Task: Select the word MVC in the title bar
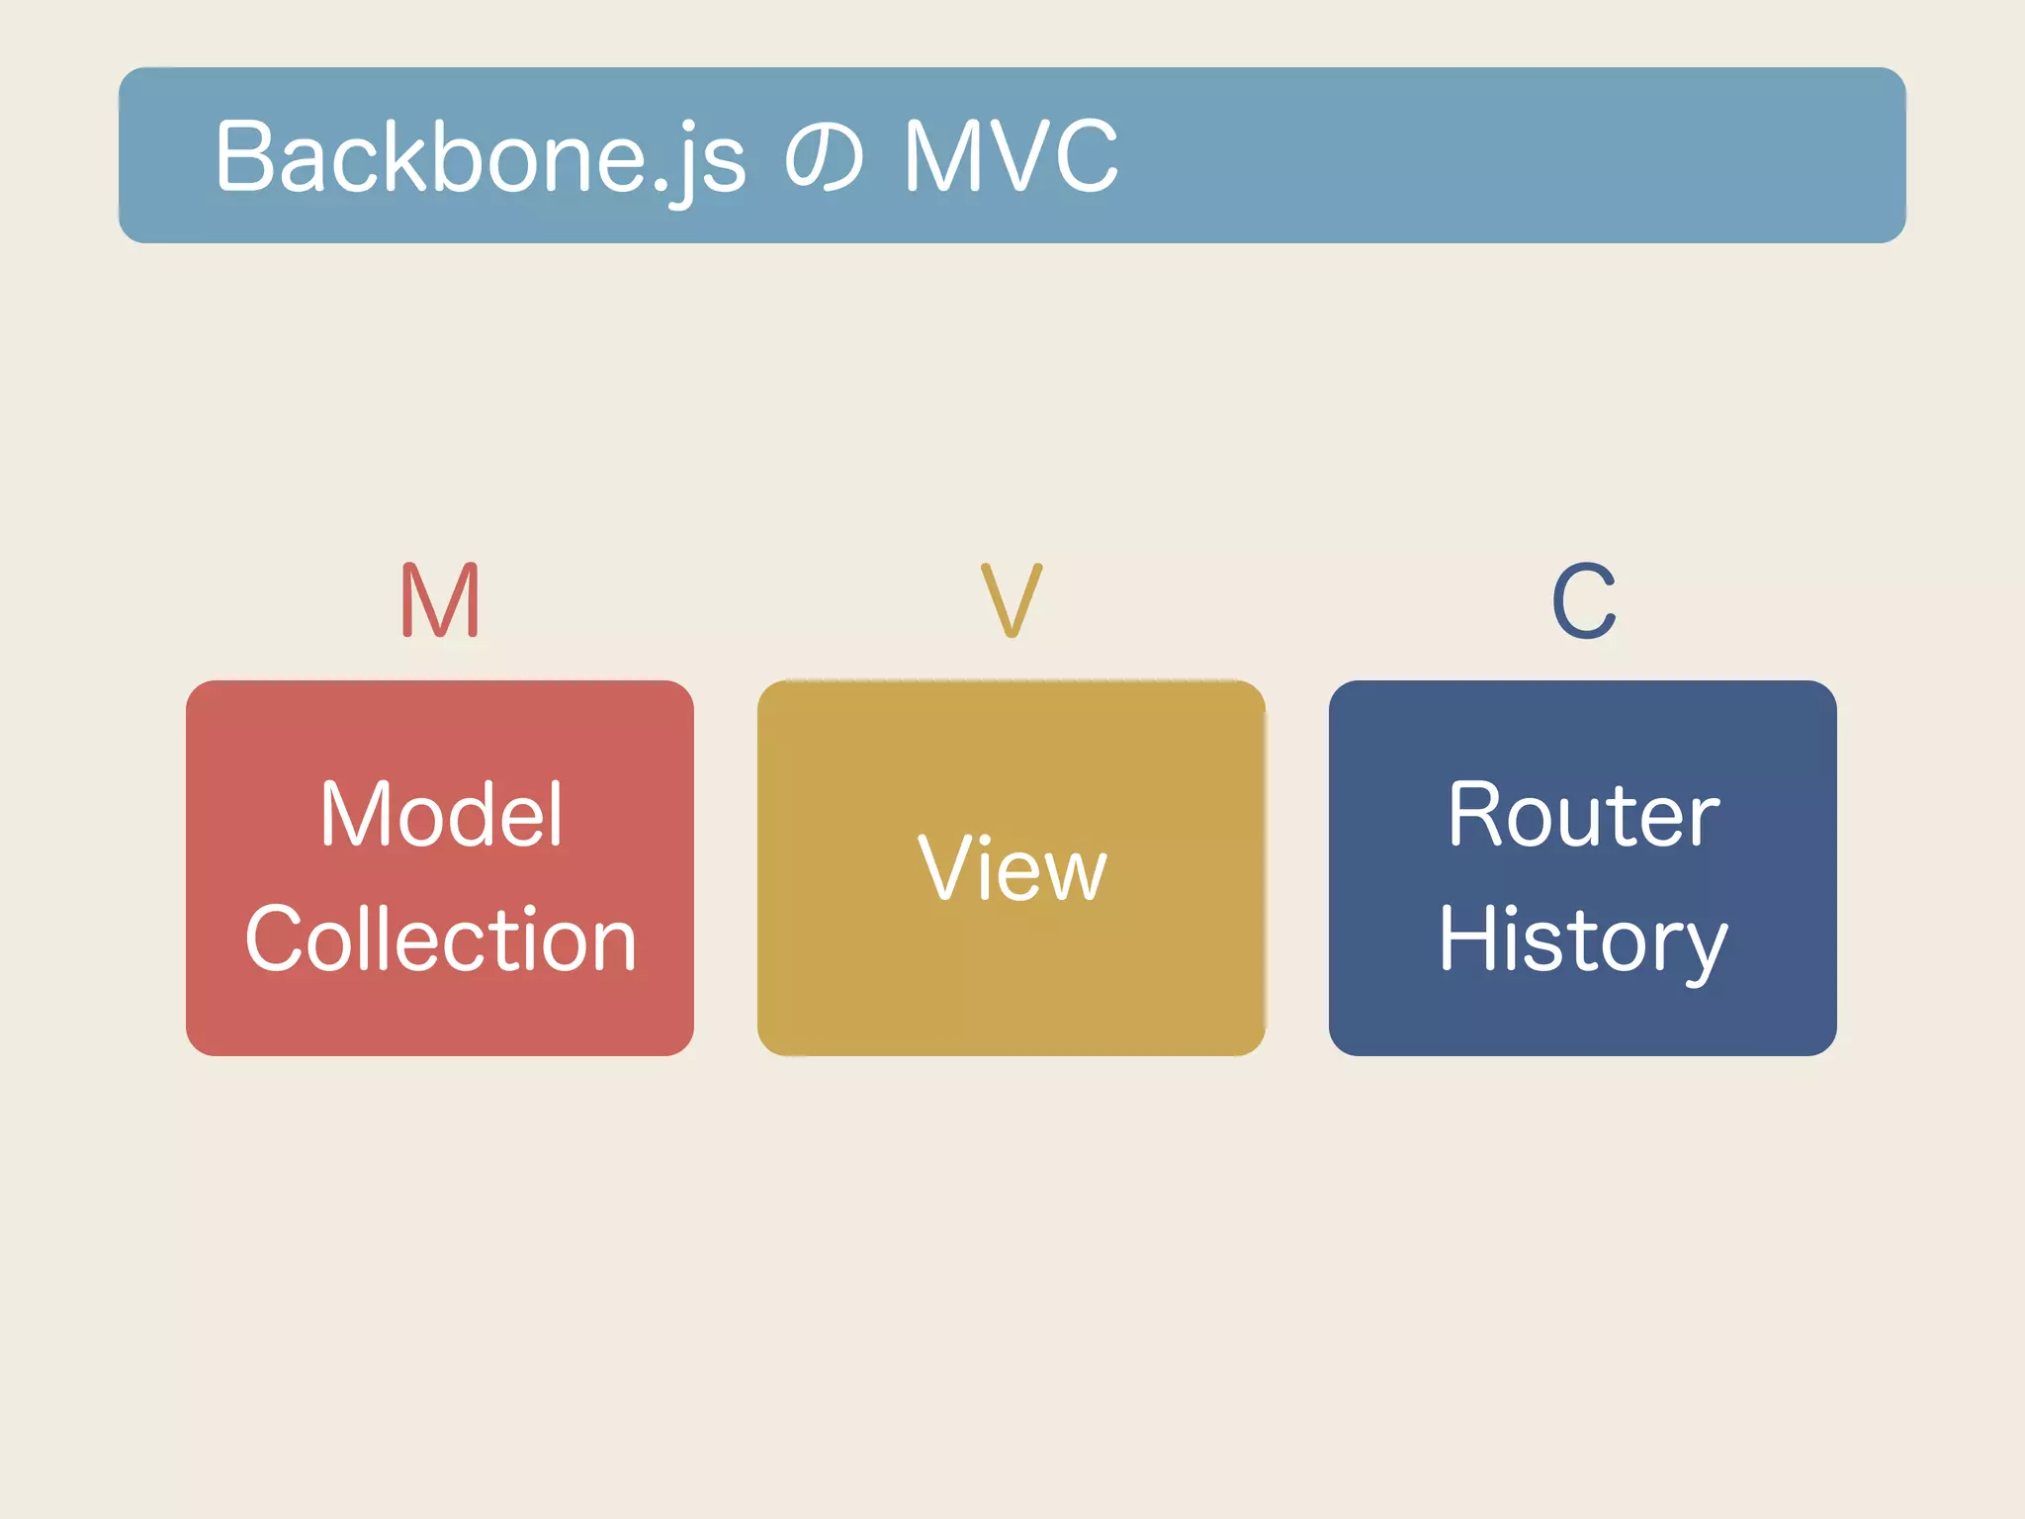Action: (1011, 156)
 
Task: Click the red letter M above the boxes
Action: (441, 600)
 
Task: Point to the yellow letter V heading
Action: (1012, 600)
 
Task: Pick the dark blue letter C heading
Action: (1583, 600)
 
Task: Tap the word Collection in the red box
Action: (441, 939)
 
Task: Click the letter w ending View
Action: (1076, 876)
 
